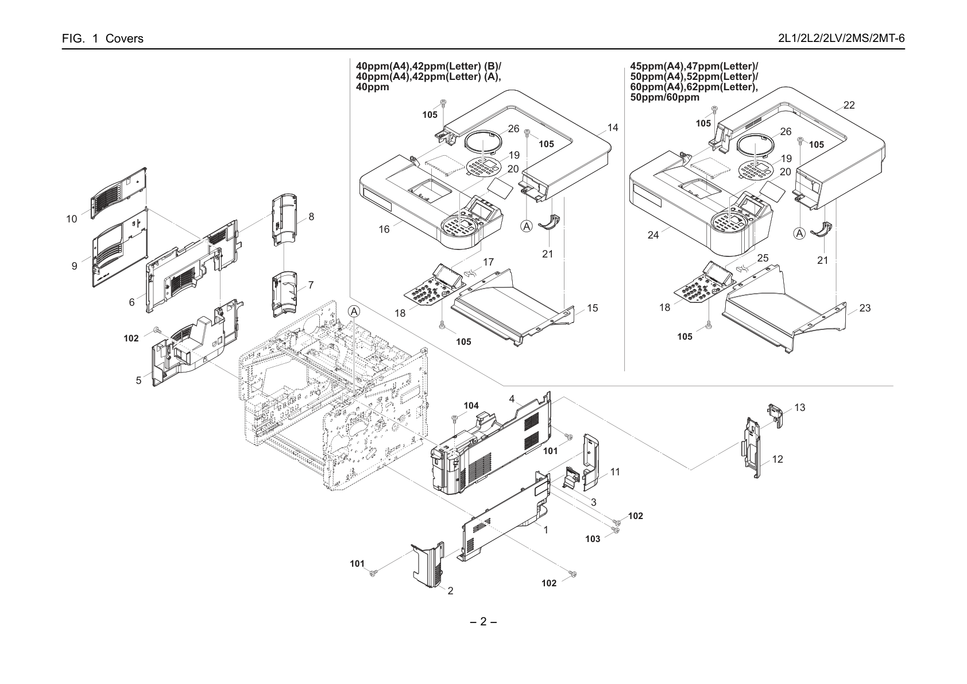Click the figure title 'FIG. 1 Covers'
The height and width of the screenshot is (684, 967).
coord(103,39)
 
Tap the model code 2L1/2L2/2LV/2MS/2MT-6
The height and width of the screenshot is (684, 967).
coord(841,39)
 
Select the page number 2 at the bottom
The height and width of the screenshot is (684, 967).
coord(483,622)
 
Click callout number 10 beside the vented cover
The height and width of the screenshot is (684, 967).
coord(72,219)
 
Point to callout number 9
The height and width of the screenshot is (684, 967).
coord(75,266)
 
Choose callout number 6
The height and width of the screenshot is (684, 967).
coord(132,302)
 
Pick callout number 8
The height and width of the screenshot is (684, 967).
coord(311,217)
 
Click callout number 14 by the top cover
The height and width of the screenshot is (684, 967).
coord(613,128)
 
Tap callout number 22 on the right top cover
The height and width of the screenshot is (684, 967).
coord(849,105)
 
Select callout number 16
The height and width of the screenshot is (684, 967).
coord(384,229)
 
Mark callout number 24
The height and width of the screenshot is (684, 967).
coord(653,235)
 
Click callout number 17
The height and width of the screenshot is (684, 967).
coord(488,262)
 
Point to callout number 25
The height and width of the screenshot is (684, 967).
coord(763,258)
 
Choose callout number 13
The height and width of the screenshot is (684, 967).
coord(799,408)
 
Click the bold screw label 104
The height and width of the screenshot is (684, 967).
coord(471,406)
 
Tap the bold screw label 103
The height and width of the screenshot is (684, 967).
coord(593,539)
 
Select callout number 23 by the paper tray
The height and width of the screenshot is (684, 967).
coord(865,308)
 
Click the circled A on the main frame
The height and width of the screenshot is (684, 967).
coord(354,311)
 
